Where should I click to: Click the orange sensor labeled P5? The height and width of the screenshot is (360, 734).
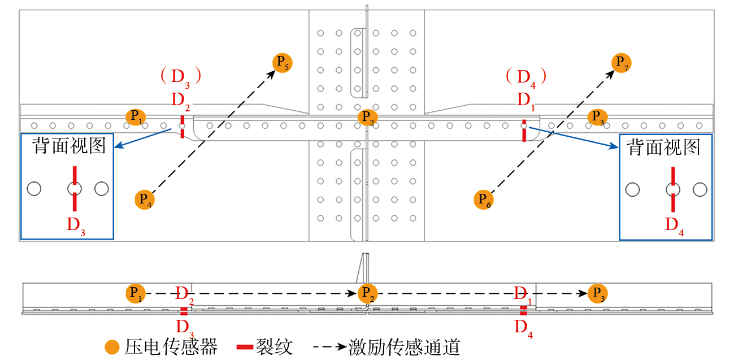point(282,62)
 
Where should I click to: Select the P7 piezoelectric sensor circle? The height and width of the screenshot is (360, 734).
point(622,62)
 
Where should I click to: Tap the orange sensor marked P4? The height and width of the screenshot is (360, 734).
point(145,199)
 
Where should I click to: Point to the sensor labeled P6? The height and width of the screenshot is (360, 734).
point(484,199)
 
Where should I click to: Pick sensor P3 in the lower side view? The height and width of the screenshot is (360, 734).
point(597,293)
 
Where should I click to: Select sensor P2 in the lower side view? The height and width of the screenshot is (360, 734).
point(367,293)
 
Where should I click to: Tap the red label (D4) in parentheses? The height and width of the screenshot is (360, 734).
point(525,76)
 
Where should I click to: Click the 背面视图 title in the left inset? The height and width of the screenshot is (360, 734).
point(69,146)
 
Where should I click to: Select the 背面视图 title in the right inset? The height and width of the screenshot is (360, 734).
point(663,148)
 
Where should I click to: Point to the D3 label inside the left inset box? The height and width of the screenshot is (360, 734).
point(76,225)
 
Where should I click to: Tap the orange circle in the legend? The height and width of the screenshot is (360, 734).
point(112,347)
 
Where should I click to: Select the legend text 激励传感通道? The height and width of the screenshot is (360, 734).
point(404,347)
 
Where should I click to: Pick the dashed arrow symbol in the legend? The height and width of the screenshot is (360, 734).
point(324,346)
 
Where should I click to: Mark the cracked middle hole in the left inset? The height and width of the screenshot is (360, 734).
point(75,189)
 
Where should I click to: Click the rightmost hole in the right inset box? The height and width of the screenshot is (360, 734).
point(700,189)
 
